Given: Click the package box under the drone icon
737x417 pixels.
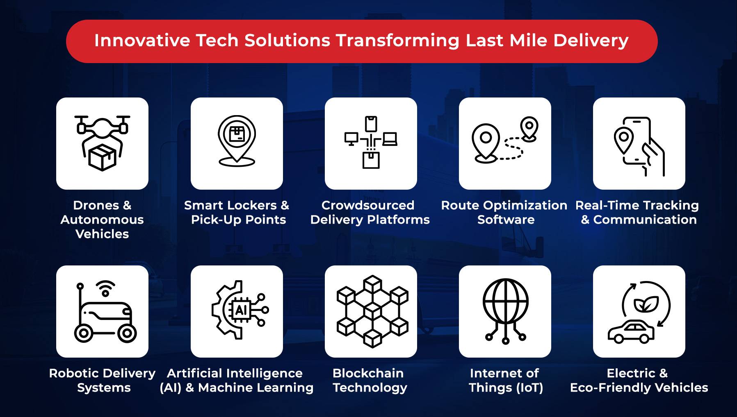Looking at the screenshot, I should (x=102, y=158).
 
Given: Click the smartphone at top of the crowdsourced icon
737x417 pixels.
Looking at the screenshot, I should (x=371, y=124).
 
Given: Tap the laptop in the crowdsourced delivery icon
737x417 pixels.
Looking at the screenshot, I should (x=390, y=139).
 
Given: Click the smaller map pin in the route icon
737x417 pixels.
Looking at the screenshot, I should (x=529, y=128).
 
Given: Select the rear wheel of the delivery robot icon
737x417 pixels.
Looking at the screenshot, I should (x=127, y=333).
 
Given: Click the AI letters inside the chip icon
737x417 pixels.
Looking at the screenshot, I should (x=240, y=310).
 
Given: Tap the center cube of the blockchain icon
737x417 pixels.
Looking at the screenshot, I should (x=372, y=311).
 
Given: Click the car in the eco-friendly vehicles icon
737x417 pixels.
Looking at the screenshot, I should (x=631, y=332).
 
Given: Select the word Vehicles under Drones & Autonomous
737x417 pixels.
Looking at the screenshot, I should (x=102, y=234).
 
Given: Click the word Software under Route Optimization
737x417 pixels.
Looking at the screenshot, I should (x=506, y=220).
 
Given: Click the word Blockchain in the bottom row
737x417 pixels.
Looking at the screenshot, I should (x=368, y=373).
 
